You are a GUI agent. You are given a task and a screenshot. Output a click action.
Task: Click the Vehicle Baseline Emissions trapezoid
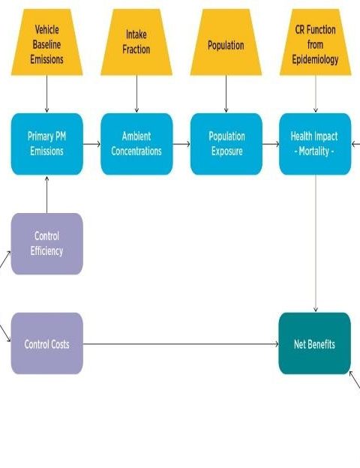coord(46,42)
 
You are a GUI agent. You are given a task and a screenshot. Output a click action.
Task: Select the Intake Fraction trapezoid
coord(136,42)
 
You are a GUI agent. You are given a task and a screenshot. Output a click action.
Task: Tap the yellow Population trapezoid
coord(226,42)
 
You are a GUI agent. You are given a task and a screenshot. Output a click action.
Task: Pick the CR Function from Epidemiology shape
coord(316,42)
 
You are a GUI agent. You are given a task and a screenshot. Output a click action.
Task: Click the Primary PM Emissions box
coord(46,144)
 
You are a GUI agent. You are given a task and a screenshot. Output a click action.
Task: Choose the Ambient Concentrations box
coord(136,144)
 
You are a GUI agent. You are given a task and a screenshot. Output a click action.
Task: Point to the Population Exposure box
coord(226,144)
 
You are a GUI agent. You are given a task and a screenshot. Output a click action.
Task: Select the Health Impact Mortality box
coord(315,144)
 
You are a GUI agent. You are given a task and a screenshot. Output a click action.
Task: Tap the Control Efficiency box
coord(46,244)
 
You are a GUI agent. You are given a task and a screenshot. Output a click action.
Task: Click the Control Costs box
coord(46,343)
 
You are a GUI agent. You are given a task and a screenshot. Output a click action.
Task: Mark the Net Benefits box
coord(315,343)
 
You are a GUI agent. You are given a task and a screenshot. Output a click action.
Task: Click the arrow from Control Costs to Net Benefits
coord(181,343)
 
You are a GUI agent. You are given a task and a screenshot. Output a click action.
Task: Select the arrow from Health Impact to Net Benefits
coord(316,244)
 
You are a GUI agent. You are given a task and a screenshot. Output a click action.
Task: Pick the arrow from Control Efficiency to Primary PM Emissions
coord(46,194)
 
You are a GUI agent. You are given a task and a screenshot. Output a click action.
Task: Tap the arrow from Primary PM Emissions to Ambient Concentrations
coord(92,144)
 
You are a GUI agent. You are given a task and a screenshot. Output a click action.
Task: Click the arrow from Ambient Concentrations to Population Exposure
coord(181,144)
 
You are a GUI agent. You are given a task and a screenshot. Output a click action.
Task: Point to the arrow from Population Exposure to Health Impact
coord(271,144)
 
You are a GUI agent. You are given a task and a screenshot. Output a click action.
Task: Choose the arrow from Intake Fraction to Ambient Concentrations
coord(136,94)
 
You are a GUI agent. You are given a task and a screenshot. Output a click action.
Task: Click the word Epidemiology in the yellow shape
coord(315,59)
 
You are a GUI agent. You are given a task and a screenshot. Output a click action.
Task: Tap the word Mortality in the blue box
coord(313,151)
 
